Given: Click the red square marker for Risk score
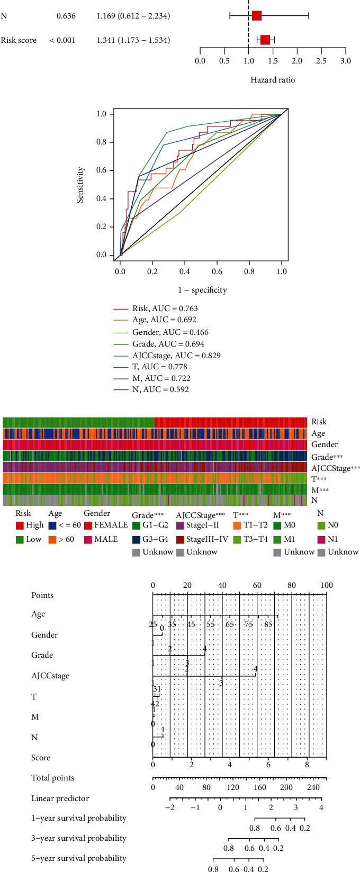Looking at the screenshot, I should click(x=265, y=40).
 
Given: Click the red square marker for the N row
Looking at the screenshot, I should click(x=257, y=16).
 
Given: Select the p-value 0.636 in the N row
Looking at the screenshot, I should click(x=66, y=16).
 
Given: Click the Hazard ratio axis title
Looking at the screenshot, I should click(x=273, y=80).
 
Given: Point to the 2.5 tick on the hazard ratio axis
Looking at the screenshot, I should click(x=321, y=61).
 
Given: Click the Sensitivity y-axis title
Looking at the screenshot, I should click(x=80, y=185).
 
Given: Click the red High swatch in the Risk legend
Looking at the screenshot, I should click(x=20, y=525).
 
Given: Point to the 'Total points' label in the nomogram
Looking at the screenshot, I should click(x=53, y=778).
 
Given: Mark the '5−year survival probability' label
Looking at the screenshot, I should click(x=79, y=858).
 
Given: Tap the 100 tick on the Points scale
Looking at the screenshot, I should click(x=326, y=585).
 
